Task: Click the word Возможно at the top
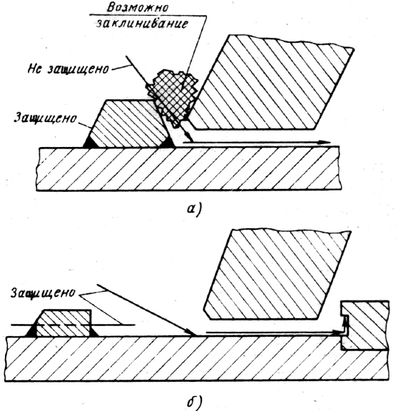point(138,8)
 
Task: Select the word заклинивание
point(142,24)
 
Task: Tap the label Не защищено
point(68,69)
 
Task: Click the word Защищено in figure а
point(45,118)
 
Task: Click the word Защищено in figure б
point(43,293)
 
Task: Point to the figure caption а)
point(194,210)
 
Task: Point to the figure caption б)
point(195,402)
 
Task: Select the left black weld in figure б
point(31,331)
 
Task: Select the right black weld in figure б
point(94,332)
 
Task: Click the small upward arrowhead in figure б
point(346,320)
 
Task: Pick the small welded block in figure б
point(64,323)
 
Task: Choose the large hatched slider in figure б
point(277,275)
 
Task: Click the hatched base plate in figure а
point(189,168)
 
